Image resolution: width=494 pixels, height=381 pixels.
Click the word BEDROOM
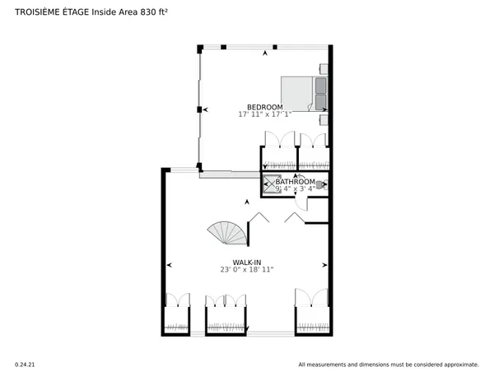[x=265, y=108]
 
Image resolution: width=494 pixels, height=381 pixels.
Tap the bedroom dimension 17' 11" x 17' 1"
[x=265, y=115]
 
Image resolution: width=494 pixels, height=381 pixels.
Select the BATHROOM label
[x=296, y=182]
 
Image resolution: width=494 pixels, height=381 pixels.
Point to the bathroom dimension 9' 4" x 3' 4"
[x=296, y=189]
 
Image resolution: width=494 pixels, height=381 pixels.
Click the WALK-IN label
[x=246, y=262]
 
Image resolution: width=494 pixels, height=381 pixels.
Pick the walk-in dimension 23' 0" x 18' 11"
[x=246, y=269]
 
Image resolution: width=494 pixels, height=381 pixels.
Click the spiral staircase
[x=230, y=234]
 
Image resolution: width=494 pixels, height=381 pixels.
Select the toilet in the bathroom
[x=321, y=185]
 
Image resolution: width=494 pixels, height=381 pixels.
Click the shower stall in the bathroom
[x=271, y=184]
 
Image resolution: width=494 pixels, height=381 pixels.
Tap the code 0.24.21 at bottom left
[x=26, y=364]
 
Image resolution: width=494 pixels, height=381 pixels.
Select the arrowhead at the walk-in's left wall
[x=170, y=265]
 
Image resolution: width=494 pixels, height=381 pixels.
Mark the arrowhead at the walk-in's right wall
[x=325, y=265]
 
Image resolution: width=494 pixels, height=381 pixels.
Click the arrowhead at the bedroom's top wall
[x=265, y=53]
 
